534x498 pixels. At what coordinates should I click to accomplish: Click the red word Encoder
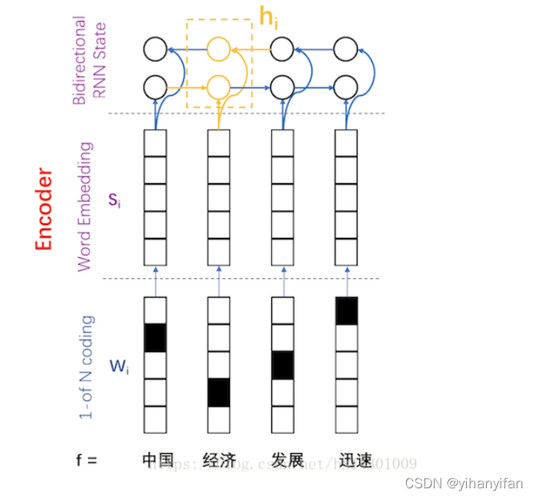44,210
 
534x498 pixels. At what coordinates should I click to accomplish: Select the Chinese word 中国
158,460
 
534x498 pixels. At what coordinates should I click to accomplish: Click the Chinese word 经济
219,460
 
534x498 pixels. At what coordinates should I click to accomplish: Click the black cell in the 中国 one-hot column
155,337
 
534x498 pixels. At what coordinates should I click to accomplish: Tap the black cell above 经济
219,392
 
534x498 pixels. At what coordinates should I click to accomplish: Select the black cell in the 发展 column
282,365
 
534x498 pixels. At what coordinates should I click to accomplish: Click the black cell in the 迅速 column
347,310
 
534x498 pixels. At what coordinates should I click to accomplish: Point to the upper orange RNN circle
218,50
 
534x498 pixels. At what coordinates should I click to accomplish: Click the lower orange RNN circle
218,86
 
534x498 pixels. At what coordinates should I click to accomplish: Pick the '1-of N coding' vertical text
87,366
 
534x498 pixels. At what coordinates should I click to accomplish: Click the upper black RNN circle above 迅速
345,50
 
